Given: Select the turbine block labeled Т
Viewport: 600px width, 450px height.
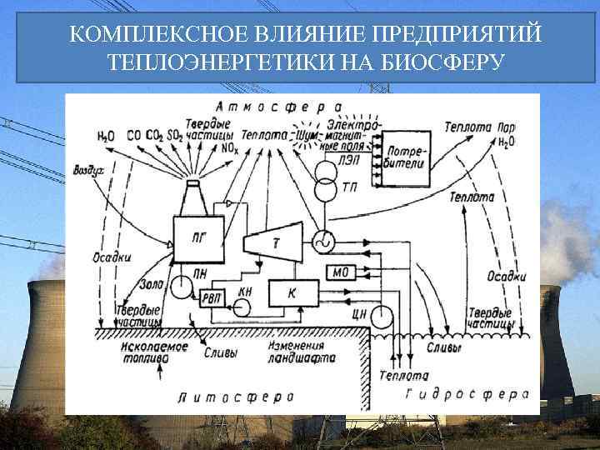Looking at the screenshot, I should (x=276, y=242).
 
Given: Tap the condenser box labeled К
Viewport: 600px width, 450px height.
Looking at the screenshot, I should (x=292, y=292).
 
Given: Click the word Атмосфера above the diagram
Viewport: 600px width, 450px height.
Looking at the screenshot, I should (x=278, y=107).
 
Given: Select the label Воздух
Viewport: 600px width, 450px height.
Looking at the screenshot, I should (x=87, y=170).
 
